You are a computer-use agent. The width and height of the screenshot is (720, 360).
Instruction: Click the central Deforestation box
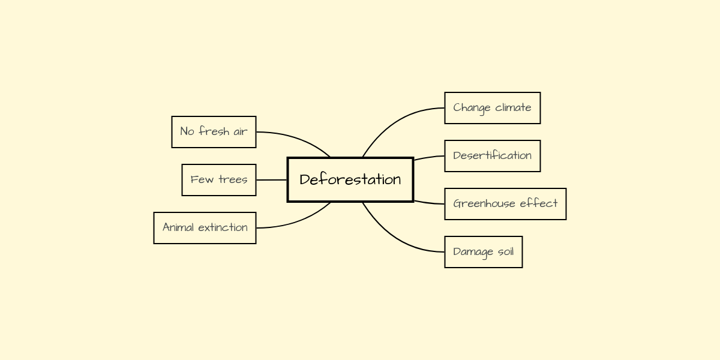tap(350, 179)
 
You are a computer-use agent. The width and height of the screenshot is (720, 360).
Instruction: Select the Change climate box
tap(492, 108)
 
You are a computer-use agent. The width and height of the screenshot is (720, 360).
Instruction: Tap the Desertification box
tap(492, 156)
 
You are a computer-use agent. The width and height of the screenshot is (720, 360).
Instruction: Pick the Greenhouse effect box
tap(505, 204)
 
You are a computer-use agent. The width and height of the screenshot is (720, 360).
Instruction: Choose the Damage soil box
tap(483, 252)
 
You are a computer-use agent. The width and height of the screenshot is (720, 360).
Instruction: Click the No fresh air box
tap(214, 132)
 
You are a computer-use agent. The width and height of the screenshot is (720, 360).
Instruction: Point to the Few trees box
tap(219, 180)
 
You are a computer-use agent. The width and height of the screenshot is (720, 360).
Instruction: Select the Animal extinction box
tap(205, 228)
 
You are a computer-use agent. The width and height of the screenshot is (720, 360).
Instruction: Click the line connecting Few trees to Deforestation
tap(272, 180)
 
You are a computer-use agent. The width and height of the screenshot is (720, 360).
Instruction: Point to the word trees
tap(233, 180)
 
